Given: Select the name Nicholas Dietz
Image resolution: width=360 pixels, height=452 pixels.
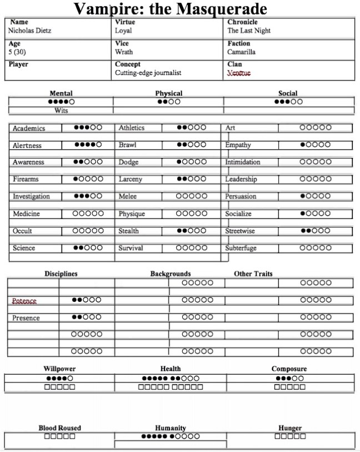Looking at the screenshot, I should [31, 31].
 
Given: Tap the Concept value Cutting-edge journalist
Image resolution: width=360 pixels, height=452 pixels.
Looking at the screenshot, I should [148, 73].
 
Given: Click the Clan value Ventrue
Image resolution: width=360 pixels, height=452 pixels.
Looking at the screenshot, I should [239, 73].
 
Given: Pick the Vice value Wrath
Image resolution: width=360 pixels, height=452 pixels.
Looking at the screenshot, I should [123, 52].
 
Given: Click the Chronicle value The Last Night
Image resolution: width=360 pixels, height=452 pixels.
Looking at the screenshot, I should [250, 31].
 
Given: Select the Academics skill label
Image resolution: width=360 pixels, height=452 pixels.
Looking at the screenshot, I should [29, 128].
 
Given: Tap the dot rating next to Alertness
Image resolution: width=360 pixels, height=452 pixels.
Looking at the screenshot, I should [88, 146].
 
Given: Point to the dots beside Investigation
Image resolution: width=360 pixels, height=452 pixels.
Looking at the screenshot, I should [88, 197].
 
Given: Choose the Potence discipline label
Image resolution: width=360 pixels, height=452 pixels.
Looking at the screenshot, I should [24, 301].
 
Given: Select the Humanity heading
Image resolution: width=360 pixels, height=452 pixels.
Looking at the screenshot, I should [170, 428].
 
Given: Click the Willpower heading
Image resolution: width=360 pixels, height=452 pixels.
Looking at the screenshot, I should [59, 369].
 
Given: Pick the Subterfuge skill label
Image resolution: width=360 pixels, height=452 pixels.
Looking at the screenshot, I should [241, 249].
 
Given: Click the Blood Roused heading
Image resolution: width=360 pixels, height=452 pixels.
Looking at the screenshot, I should [59, 428].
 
